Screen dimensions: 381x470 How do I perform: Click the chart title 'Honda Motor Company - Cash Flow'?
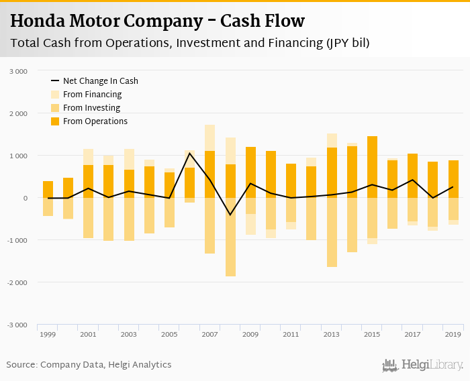(157, 21)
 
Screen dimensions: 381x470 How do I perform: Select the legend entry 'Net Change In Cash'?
(100, 81)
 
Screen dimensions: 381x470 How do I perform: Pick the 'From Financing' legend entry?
(92, 95)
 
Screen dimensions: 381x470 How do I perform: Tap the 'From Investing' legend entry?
(91, 108)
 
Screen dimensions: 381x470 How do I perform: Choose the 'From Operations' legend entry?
(95, 121)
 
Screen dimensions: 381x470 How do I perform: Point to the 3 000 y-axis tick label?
(19, 71)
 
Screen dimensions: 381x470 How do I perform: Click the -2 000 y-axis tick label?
(17, 282)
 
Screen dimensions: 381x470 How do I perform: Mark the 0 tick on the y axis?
(25, 198)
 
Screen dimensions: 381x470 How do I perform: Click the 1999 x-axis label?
(48, 334)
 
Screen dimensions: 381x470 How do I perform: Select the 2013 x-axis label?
(332, 334)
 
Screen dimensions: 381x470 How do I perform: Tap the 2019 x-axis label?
(453, 334)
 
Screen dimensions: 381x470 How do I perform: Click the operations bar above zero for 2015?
(372, 167)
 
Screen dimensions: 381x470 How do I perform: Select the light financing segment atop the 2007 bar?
(210, 138)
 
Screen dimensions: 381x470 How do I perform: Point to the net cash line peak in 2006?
(190, 154)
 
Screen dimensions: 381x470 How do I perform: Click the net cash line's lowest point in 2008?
(230, 215)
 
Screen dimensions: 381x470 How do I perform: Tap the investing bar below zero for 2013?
(332, 232)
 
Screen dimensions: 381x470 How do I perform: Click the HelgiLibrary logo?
(423, 365)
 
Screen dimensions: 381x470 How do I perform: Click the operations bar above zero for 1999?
(48, 189)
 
